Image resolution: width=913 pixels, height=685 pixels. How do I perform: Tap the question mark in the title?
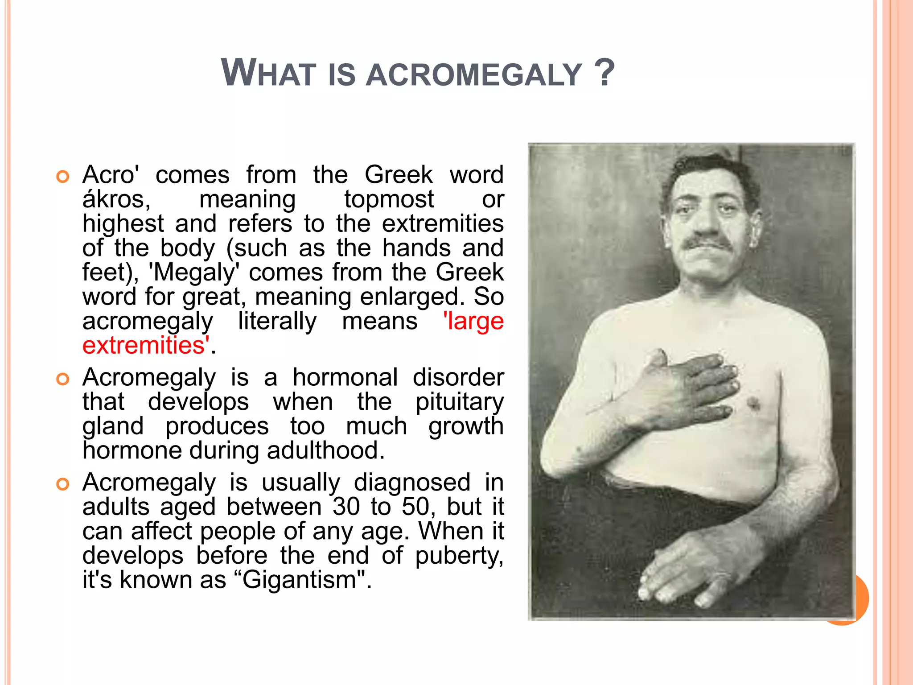(x=605, y=72)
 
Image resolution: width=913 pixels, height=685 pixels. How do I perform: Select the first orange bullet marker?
(x=63, y=177)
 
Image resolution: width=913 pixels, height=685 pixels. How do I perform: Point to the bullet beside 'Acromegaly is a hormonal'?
(x=63, y=379)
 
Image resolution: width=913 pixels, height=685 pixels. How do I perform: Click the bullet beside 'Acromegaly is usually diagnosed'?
(x=63, y=484)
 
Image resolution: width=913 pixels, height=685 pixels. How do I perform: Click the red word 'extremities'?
(x=144, y=346)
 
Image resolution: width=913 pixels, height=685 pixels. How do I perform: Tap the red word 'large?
(x=473, y=321)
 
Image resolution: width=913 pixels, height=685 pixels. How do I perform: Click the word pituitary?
(x=459, y=402)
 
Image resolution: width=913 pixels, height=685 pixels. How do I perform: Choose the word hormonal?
(x=345, y=378)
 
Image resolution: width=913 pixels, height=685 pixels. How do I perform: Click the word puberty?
(x=459, y=556)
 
